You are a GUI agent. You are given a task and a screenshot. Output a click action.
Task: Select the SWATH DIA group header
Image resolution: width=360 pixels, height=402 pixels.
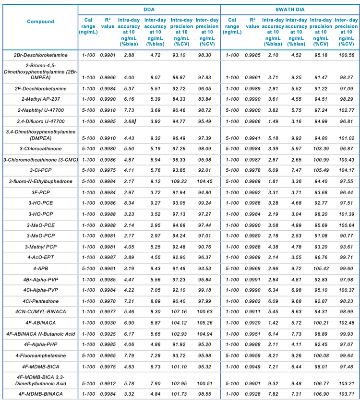289,9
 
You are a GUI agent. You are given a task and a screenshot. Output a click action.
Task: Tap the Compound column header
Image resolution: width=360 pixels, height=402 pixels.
40,22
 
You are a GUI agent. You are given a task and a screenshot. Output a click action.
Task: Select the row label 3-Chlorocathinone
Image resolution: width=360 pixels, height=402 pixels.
40,150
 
